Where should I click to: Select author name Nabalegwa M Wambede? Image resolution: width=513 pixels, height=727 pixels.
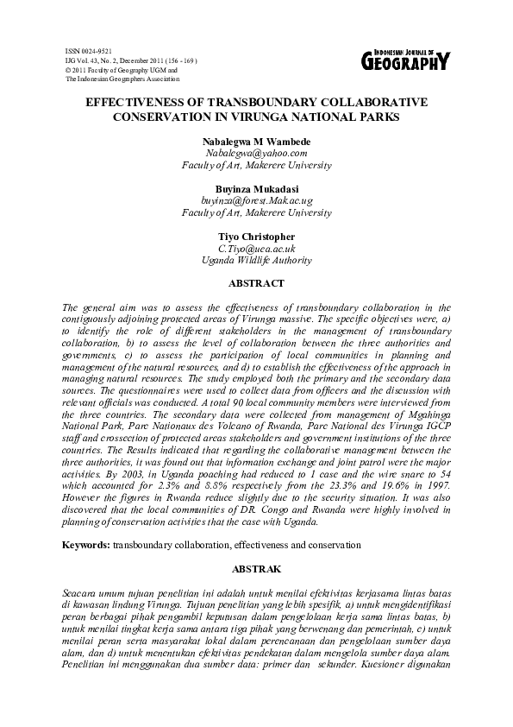256,141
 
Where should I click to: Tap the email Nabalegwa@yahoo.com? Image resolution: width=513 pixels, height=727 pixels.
256,153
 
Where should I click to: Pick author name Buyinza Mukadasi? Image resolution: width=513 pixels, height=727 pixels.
256,188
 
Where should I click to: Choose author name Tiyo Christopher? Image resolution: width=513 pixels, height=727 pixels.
256,236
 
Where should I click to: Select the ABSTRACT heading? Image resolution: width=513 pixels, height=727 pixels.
256,282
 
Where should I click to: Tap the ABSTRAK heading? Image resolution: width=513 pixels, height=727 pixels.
256,570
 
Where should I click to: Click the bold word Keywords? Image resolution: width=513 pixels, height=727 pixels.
87,547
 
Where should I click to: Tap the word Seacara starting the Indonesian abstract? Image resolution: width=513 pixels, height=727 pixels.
83,595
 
